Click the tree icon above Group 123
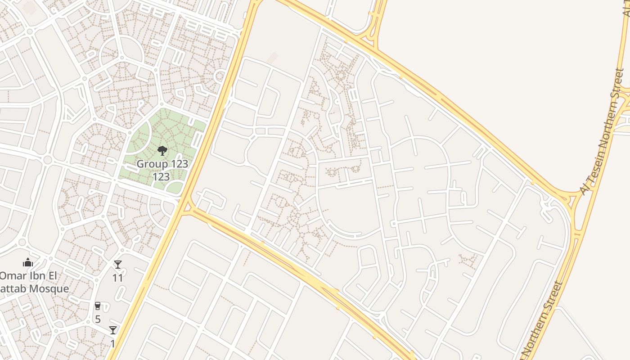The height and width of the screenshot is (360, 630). click(162, 150)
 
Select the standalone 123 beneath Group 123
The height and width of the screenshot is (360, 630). click(161, 177)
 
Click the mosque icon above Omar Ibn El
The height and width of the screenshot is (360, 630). click(28, 262)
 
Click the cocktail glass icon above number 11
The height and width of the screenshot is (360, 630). click(117, 265)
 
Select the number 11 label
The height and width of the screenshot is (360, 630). click(117, 278)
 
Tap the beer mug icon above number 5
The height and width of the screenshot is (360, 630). click(98, 306)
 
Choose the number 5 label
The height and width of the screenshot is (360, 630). click(98, 319)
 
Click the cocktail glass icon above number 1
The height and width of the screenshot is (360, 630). click(112, 330)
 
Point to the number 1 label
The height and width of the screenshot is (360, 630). click(112, 343)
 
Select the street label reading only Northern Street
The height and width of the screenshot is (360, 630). click(542, 320)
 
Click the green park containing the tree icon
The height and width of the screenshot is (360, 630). click(180, 130)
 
